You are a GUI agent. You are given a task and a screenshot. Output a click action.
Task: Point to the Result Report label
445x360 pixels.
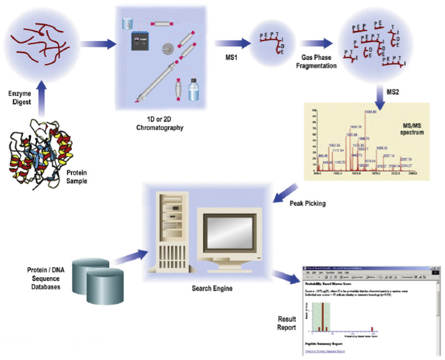point(287,323)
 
